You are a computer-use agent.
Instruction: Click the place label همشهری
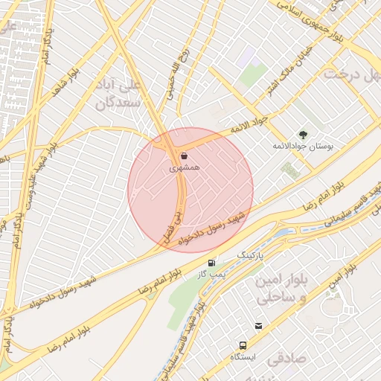pyautogui.click(x=184, y=169)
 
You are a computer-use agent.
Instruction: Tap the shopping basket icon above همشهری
pyautogui.click(x=184, y=156)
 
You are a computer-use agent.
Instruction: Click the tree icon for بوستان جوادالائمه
pyautogui.click(x=302, y=134)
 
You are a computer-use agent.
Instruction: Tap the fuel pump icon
pyautogui.click(x=214, y=263)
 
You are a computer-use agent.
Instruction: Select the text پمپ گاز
pyautogui.click(x=211, y=275)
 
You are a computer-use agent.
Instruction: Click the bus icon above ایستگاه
pyautogui.click(x=243, y=345)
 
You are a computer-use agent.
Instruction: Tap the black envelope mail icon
pyautogui.click(x=258, y=325)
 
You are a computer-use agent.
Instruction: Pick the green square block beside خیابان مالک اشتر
pyautogui.click(x=254, y=75)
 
